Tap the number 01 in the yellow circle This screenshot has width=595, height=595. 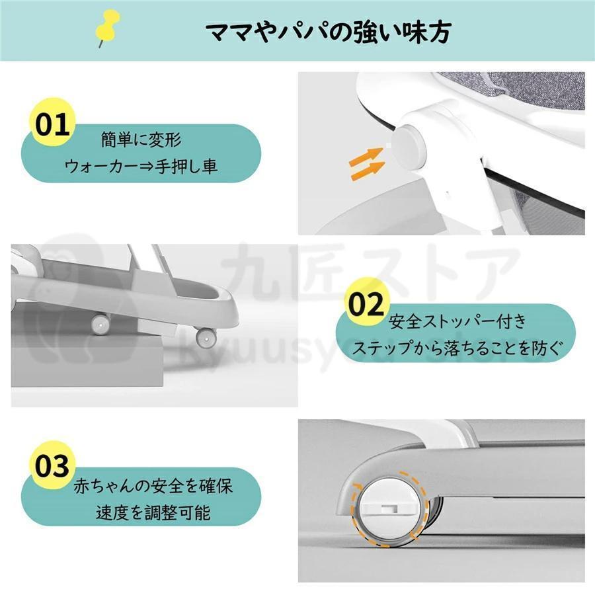[52, 125]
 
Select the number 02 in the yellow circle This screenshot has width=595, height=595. [366, 303]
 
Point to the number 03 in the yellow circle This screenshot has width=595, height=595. [52, 466]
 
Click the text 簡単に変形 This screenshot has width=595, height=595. [141, 139]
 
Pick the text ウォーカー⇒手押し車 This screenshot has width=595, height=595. [141, 166]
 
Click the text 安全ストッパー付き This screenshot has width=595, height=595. [457, 321]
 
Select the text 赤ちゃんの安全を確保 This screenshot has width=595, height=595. [153, 486]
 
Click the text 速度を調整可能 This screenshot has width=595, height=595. [153, 512]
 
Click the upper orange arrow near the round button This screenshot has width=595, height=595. [366, 156]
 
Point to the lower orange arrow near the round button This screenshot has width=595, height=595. [368, 170]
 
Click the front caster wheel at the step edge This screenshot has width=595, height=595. [206, 337]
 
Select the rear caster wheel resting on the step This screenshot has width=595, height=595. [100, 324]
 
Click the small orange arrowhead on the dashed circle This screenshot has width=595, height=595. [357, 487]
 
